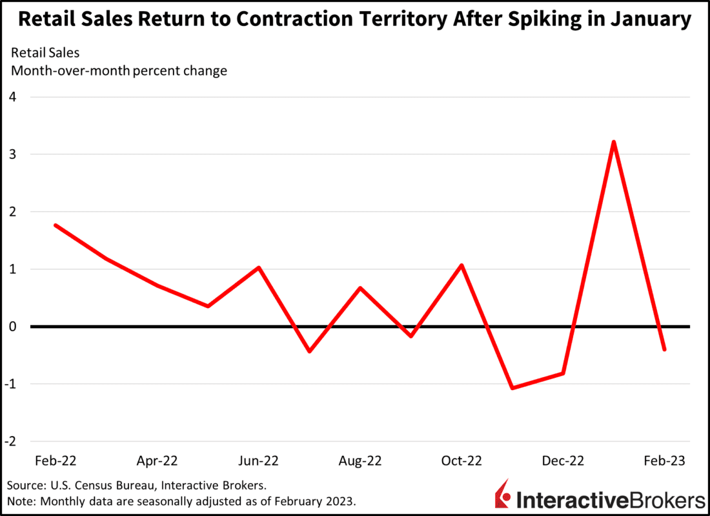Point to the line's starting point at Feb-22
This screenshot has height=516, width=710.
(x=56, y=225)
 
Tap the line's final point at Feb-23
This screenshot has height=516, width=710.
(x=664, y=349)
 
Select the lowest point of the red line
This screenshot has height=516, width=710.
(x=512, y=388)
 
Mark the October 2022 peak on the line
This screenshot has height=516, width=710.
(x=462, y=265)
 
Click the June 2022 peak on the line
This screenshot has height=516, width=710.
(x=259, y=267)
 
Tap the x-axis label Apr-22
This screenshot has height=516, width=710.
(x=157, y=461)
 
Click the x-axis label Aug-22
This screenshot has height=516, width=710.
(x=360, y=461)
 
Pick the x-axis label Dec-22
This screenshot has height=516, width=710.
(x=563, y=461)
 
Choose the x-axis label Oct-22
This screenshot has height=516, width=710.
(x=462, y=461)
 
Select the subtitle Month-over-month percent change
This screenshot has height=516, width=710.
(x=119, y=70)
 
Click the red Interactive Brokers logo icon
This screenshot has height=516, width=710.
(x=502, y=497)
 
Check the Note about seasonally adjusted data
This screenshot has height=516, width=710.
(x=181, y=501)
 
